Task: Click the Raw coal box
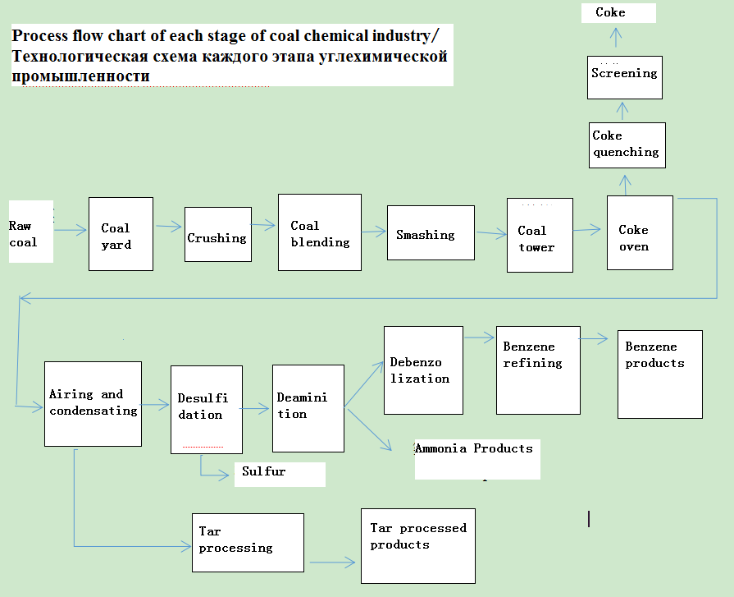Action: pyautogui.click(x=31, y=232)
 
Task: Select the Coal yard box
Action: pyautogui.click(x=121, y=234)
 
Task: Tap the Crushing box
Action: pyautogui.click(x=217, y=235)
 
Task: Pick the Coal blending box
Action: pyautogui.click(x=320, y=232)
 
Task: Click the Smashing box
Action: pyautogui.click(x=431, y=233)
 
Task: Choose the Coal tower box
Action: pyautogui.click(x=540, y=236)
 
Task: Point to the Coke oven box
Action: pyautogui.click(x=640, y=233)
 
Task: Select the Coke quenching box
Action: pyautogui.click(x=627, y=145)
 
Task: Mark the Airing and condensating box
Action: pyautogui.click(x=93, y=404)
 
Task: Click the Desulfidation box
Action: pyautogui.click(x=206, y=409)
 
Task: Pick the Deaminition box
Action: pyautogui.click(x=308, y=408)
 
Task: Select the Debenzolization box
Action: pyautogui.click(x=423, y=370)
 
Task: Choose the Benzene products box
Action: pyautogui.click(x=659, y=374)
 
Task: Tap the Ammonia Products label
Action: pyautogui.click(x=476, y=458)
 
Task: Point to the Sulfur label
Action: pyautogui.click(x=279, y=474)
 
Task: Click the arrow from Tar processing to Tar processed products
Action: pyautogui.click(x=332, y=563)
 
